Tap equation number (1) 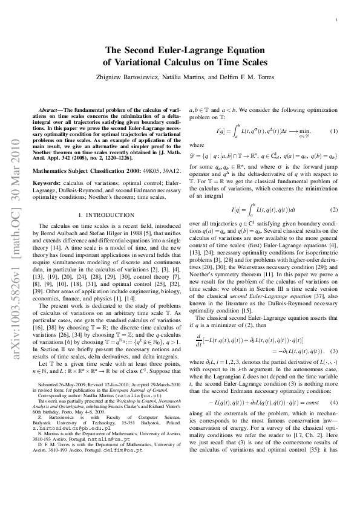333,131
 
